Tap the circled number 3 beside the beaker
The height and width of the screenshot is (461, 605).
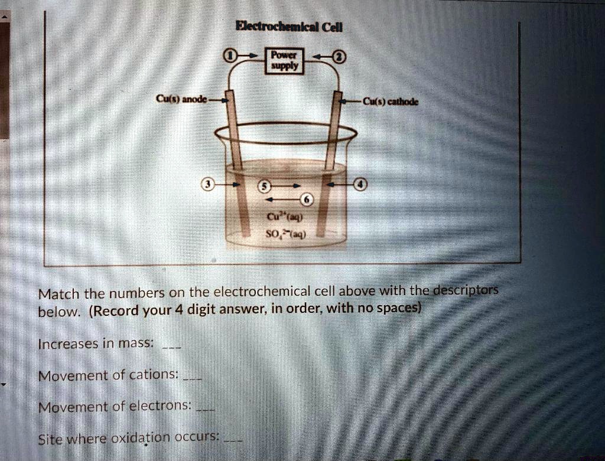206,184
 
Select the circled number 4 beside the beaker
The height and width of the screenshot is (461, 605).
360,185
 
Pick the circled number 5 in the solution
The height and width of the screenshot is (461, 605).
265,185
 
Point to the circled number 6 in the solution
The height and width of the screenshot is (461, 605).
307,198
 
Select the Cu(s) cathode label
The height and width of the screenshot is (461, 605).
390,100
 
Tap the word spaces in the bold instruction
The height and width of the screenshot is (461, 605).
399,308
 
